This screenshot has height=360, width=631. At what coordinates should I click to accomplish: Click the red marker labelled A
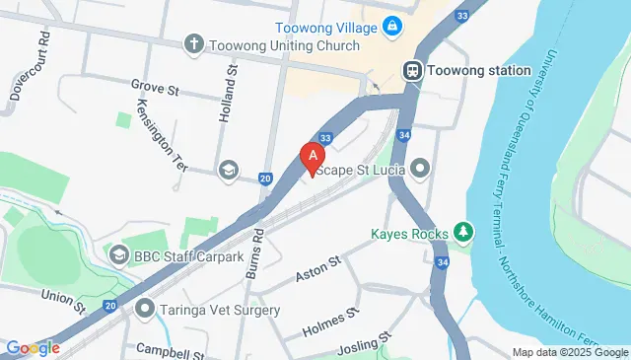313,157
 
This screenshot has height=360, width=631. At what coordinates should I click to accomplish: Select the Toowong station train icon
412,70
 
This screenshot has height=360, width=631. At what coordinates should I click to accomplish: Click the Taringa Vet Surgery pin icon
146,309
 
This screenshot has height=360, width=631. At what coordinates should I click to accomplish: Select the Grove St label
154,88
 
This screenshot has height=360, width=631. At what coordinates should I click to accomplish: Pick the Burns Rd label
257,252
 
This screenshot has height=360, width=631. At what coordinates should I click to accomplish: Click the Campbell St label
169,349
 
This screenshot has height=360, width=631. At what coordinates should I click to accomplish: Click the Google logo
33,347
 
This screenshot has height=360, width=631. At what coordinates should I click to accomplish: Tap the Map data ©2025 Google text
570,352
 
